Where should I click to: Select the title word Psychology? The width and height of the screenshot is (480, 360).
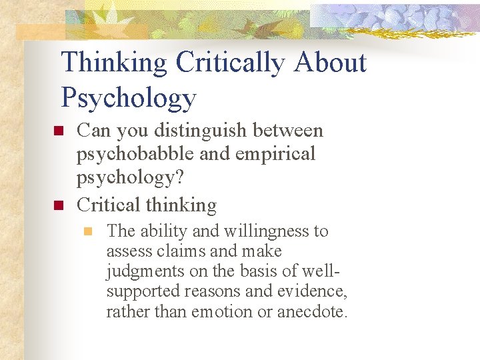[129, 97]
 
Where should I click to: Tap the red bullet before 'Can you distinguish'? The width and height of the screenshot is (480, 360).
[57, 131]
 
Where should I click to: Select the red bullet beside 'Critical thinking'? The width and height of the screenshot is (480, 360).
[57, 205]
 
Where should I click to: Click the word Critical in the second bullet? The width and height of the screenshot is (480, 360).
[110, 205]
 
